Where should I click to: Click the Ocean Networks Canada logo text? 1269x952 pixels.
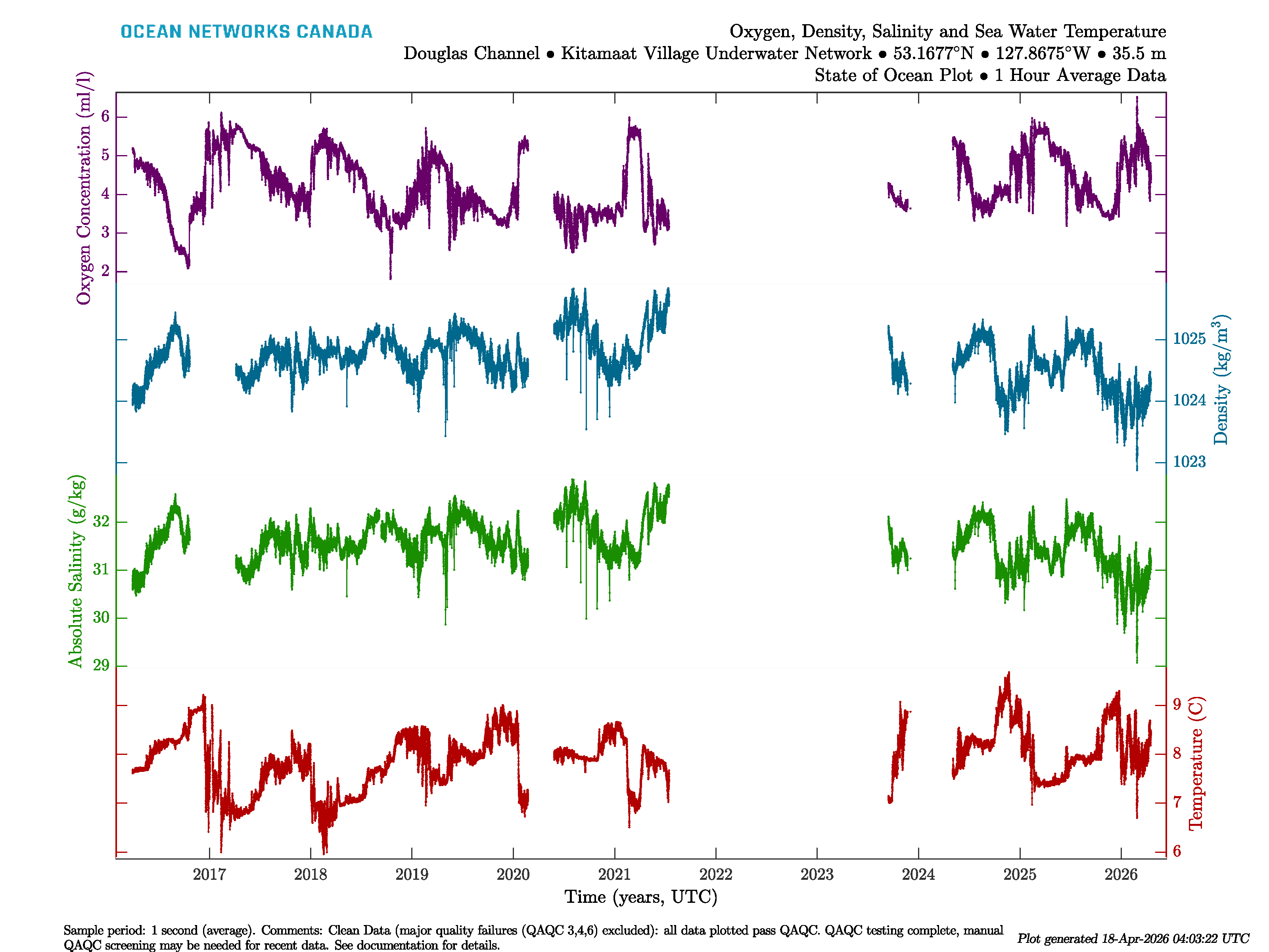click(246, 32)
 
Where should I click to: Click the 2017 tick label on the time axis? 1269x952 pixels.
click(209, 875)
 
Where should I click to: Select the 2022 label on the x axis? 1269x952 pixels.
click(715, 875)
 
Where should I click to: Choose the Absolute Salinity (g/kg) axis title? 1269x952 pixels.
click(76, 571)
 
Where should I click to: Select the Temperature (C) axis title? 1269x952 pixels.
click(1196, 763)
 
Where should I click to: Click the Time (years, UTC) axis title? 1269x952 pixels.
click(641, 897)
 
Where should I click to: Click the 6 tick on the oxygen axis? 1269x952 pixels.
click(105, 117)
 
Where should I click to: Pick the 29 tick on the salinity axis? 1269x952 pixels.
click(101, 666)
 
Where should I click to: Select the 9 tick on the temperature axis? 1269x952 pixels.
click(1177, 704)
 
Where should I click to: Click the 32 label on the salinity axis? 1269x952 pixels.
click(101, 522)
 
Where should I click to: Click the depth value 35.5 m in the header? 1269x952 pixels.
click(1139, 54)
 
